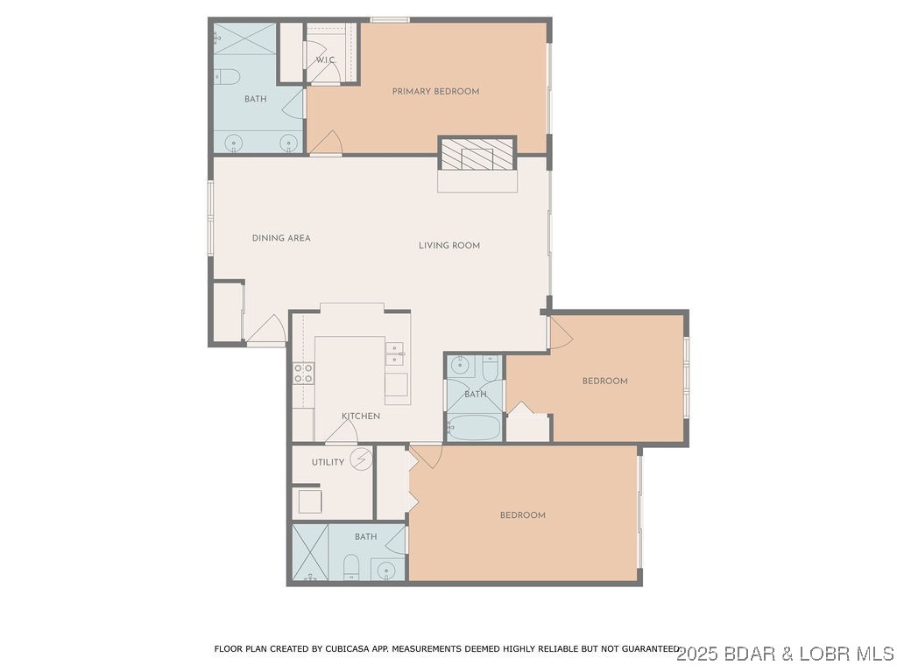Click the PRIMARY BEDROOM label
[435, 91]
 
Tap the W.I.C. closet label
[325, 59]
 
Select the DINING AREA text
[281, 238]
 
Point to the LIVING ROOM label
[448, 246]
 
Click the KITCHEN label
[360, 416]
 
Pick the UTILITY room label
[328, 462]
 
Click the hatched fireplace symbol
[477, 154]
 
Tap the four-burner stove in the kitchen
[303, 374]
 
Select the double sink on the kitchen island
[395, 353]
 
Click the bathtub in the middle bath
[473, 428]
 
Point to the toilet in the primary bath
[227, 77]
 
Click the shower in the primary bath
[244, 39]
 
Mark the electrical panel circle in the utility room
[360, 458]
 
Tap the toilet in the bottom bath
[351, 567]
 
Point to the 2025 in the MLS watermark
[696, 654]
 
